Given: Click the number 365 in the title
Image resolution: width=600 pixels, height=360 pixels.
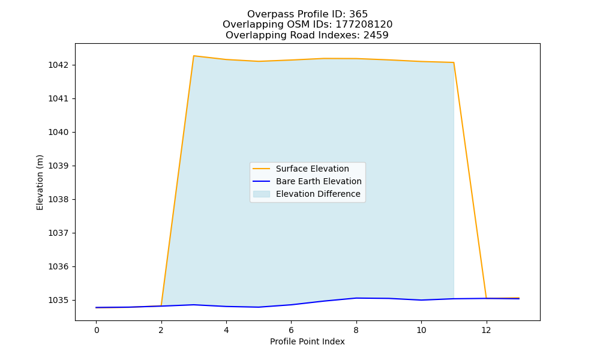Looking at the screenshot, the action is click(x=358, y=14).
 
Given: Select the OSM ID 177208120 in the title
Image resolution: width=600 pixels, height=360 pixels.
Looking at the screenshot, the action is click(x=364, y=25).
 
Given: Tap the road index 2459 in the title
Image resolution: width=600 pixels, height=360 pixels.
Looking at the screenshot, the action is click(x=376, y=35).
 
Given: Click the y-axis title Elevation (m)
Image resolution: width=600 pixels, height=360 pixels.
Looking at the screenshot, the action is click(x=40, y=182).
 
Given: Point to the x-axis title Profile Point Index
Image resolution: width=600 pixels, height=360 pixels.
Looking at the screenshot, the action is click(x=307, y=341).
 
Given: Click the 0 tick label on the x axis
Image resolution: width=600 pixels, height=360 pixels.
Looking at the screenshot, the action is click(x=97, y=330).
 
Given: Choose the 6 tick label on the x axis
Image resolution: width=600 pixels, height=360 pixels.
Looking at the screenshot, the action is click(x=291, y=330).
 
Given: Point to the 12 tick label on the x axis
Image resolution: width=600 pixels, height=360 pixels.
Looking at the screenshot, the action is click(x=486, y=330).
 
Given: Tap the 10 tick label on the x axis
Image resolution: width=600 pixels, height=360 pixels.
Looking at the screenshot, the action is click(x=421, y=330).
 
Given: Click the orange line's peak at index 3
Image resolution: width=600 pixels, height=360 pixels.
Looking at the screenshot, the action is click(x=194, y=56).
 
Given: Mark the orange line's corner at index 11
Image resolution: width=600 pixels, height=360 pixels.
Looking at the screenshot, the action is click(x=454, y=62).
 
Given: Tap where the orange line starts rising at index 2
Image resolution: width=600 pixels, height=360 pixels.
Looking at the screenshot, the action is click(x=161, y=305).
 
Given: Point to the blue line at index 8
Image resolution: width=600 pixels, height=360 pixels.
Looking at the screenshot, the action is click(x=356, y=298).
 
